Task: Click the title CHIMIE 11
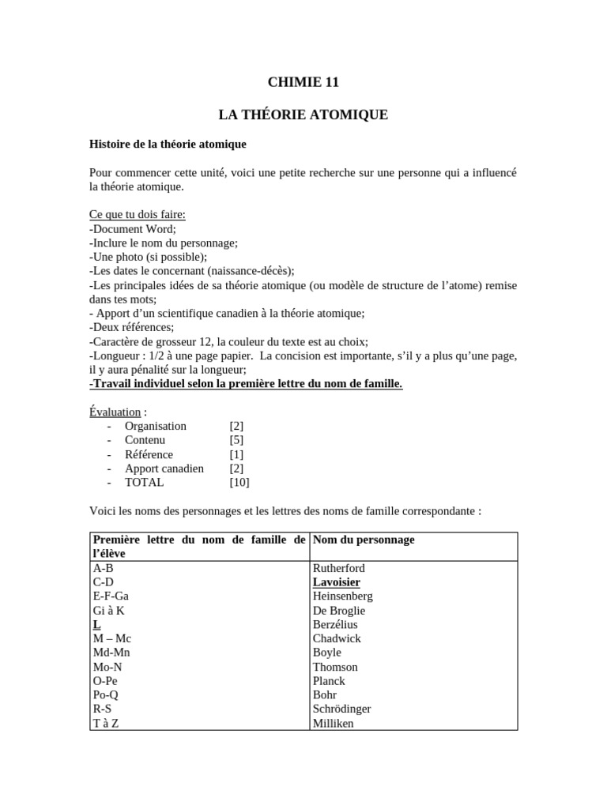click(303, 82)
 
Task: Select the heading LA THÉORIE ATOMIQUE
click(303, 115)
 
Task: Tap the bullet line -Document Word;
click(133, 229)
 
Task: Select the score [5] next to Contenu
click(236, 440)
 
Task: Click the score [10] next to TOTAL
click(239, 482)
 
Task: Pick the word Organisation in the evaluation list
click(156, 426)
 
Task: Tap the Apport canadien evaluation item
click(164, 468)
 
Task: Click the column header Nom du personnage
click(364, 540)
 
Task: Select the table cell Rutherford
click(339, 568)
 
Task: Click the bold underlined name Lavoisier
click(337, 582)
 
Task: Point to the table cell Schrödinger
click(341, 709)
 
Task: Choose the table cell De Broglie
click(339, 611)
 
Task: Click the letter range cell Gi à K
click(109, 611)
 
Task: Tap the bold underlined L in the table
click(96, 624)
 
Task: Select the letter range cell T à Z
click(107, 723)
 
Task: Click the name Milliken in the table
click(334, 723)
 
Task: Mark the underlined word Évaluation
click(115, 412)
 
